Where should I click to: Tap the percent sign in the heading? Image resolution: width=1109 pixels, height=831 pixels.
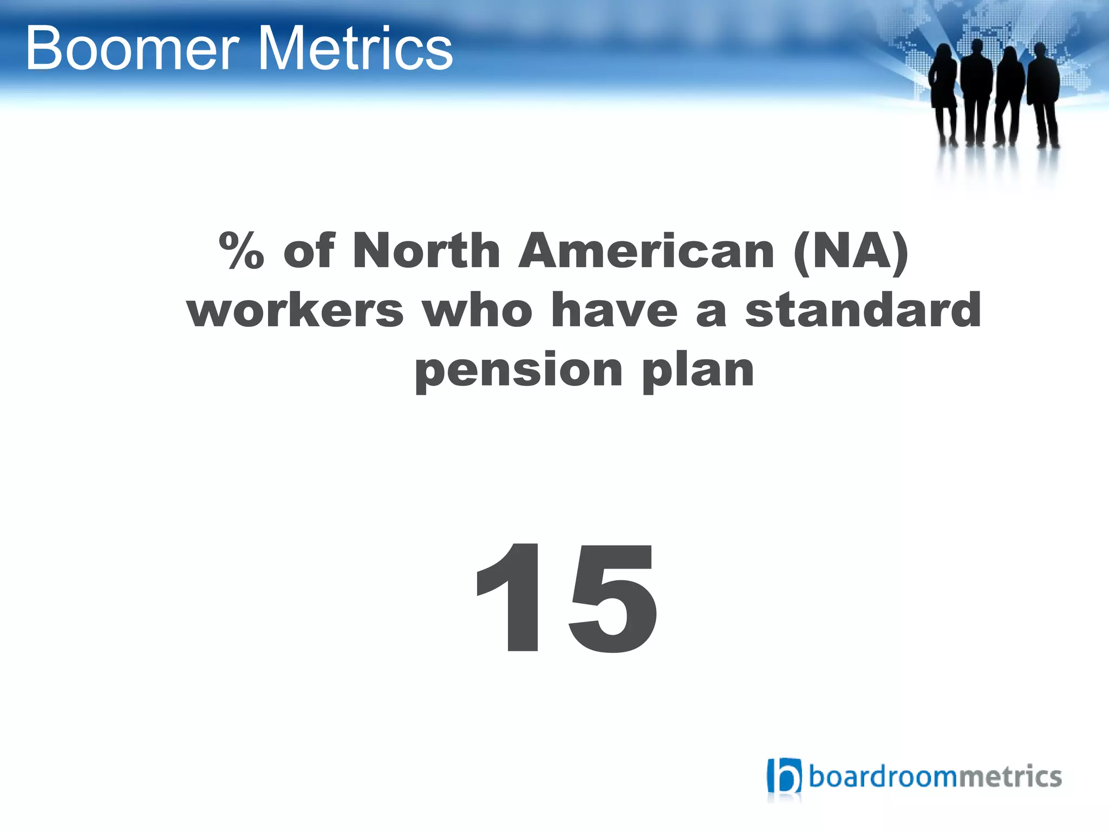coord(242,250)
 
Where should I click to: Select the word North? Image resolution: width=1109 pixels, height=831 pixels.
coord(426,250)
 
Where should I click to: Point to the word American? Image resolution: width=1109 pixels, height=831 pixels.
coord(647,251)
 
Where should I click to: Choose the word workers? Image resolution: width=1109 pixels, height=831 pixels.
coord(296,311)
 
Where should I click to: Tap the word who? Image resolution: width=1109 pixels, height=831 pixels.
coord(478,311)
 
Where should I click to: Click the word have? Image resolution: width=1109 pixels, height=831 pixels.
coord(614,311)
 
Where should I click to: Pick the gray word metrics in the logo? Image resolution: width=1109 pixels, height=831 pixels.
coord(1009,777)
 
